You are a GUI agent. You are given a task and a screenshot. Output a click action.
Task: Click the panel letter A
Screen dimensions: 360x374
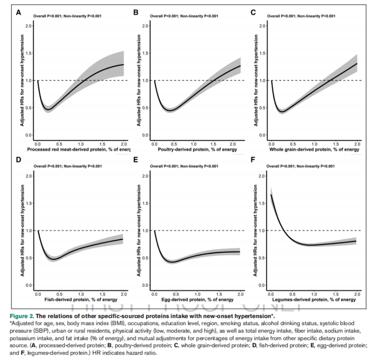click(18, 12)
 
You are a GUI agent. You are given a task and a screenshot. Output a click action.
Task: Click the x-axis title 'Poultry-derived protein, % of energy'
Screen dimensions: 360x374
click(197, 149)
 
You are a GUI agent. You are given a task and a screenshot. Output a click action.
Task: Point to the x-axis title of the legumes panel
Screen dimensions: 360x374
click(314, 300)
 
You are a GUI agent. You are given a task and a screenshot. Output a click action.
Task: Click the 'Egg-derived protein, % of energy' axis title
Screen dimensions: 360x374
click(197, 300)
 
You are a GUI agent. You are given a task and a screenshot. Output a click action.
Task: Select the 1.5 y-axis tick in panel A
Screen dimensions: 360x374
click(29, 53)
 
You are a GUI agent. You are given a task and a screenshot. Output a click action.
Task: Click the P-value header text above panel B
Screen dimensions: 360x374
click(183, 16)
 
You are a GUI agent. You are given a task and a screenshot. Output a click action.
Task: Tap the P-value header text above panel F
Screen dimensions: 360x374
click(301, 166)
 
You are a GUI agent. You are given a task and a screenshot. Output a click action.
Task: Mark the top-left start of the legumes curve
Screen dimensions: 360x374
click(271, 194)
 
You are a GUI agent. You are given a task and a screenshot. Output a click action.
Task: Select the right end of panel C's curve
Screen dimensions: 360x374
click(356, 63)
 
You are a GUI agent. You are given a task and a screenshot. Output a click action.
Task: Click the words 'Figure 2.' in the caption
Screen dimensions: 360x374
click(21, 316)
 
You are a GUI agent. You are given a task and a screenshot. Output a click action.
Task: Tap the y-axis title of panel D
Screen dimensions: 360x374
click(21, 230)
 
